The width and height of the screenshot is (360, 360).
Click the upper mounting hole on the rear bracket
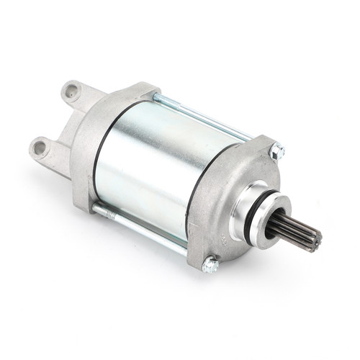[71, 91]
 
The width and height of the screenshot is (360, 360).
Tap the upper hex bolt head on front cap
[276, 152]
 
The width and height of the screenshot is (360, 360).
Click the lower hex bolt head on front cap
[210, 265]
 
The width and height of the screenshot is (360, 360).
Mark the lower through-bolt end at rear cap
[97, 210]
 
